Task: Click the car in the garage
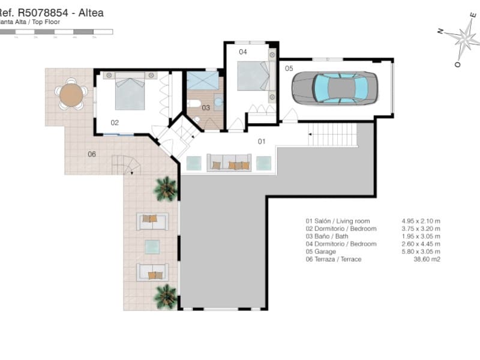click(x=335, y=88)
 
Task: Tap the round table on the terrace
click(x=71, y=95)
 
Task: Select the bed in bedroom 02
click(x=130, y=91)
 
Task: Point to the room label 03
click(x=205, y=108)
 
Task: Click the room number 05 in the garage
click(x=289, y=68)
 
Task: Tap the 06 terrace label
click(x=92, y=154)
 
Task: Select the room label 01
click(x=262, y=142)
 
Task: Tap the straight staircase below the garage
click(x=332, y=134)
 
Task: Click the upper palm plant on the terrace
click(x=166, y=188)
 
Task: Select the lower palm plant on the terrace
click(x=166, y=296)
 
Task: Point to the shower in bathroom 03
click(x=202, y=80)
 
